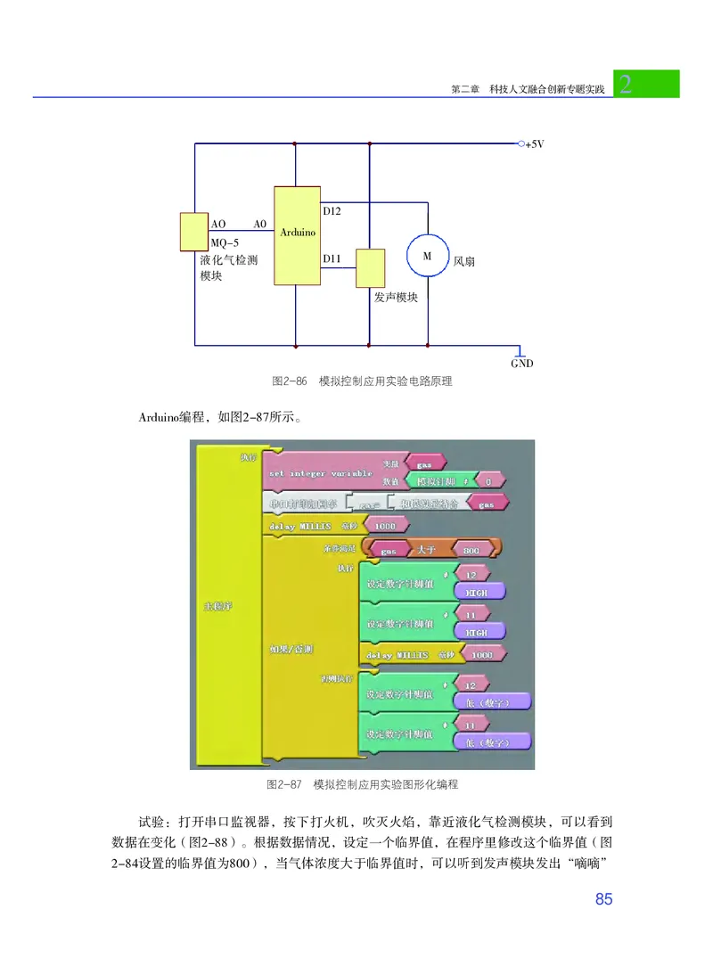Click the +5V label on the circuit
click(534, 144)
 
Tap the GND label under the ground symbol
click(522, 364)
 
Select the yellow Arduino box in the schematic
click(297, 234)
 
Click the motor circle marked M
click(427, 256)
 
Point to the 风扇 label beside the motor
click(464, 263)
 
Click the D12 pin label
click(332, 211)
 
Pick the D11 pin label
click(332, 259)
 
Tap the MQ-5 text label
click(225, 242)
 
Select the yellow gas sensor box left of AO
click(193, 232)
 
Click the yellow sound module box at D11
click(370, 268)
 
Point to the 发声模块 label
click(396, 298)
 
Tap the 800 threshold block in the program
click(472, 550)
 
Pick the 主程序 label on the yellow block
click(218, 606)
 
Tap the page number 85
click(603, 899)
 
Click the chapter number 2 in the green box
click(626, 85)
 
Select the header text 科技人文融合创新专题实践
click(541, 90)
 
